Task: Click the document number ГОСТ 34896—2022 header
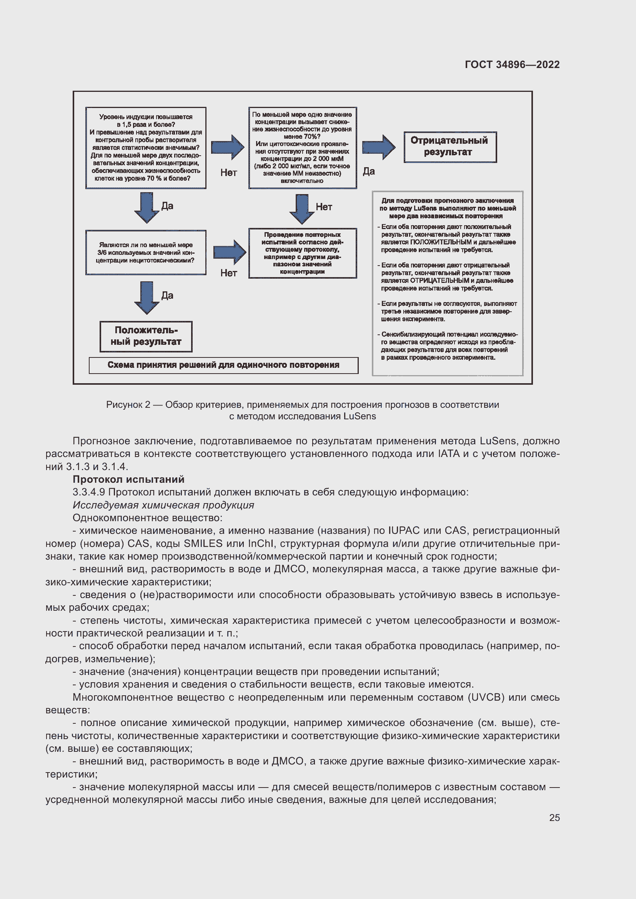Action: coord(512,65)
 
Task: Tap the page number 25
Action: coord(554,818)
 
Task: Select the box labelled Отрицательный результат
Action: coord(450,147)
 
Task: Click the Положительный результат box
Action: coord(146,336)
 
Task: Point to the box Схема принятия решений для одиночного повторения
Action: coord(223,365)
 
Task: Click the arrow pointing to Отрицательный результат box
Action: coord(378,147)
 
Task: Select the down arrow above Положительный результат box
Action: coord(147,297)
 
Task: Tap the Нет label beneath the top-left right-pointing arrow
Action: coord(228,173)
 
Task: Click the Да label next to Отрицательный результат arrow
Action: coord(368,171)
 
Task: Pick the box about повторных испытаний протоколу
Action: coord(302,253)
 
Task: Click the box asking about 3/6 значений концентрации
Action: coord(146,253)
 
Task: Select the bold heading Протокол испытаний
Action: coord(128,479)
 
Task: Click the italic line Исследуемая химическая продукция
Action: coord(163,505)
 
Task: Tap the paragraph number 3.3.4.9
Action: coord(89,492)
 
